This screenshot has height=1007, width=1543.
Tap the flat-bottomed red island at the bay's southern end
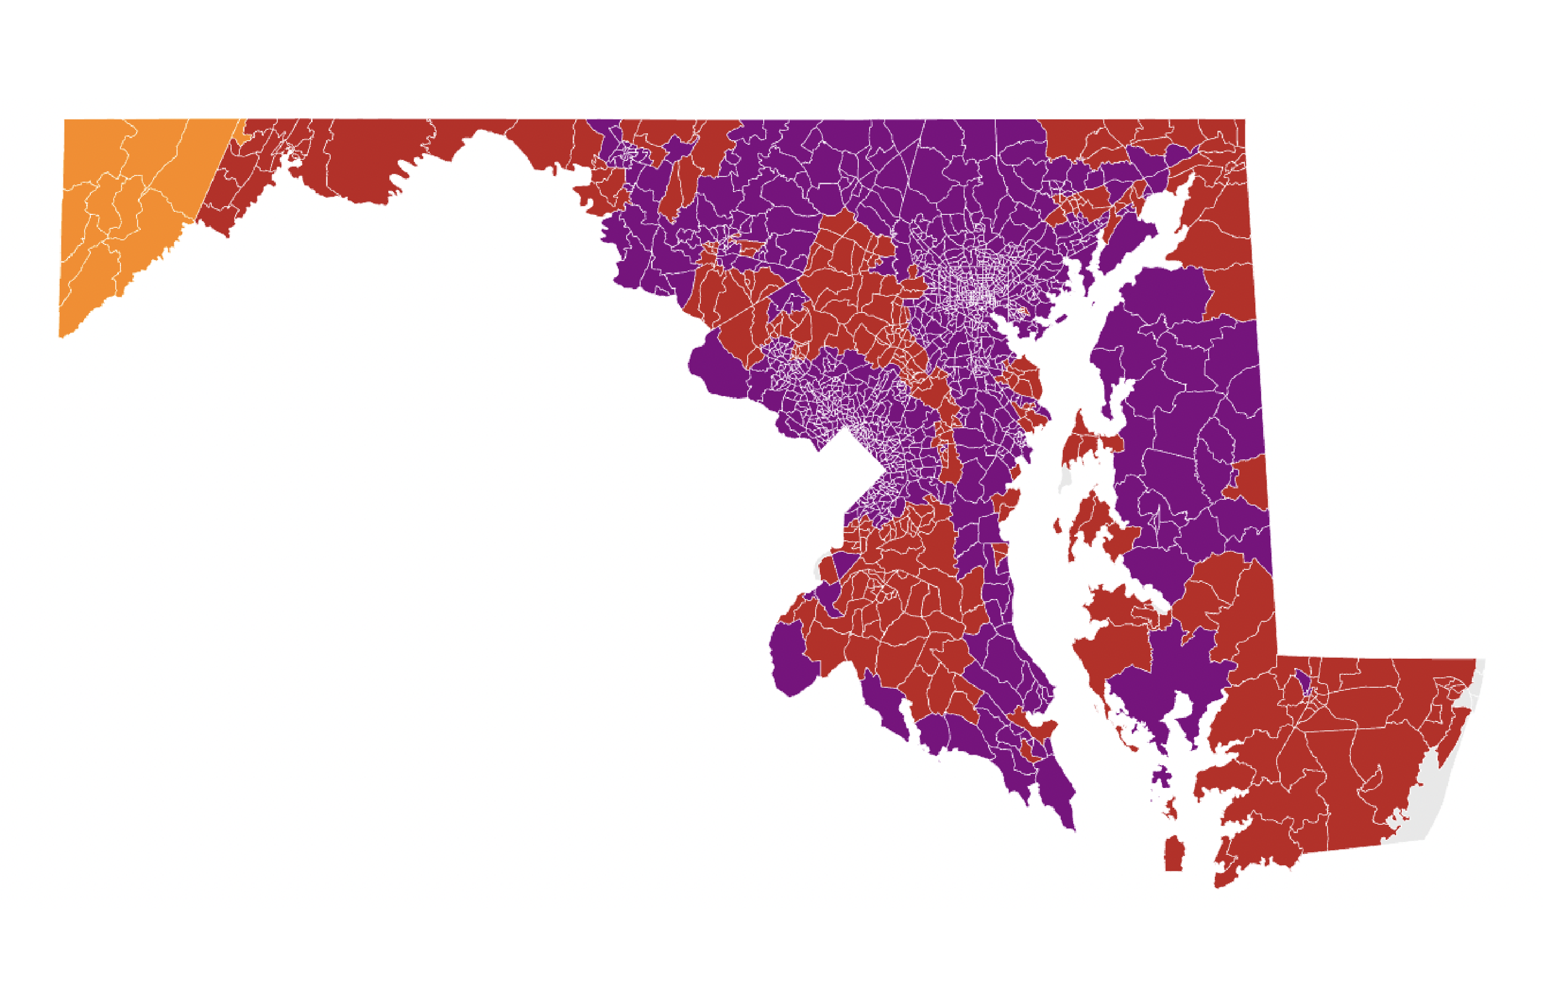(x=1173, y=855)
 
